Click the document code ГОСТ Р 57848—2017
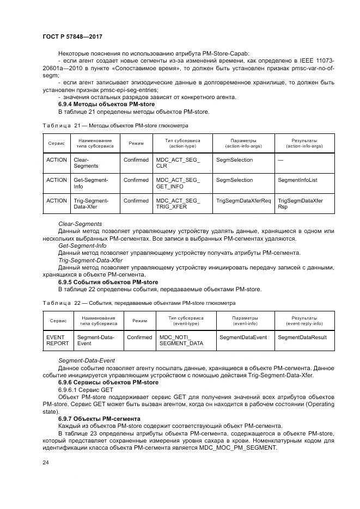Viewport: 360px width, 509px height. (x=72, y=36)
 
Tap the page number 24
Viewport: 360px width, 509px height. (x=46, y=462)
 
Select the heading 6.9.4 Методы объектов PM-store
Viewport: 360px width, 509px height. (x=106, y=104)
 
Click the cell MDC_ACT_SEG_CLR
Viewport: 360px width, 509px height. (x=178, y=163)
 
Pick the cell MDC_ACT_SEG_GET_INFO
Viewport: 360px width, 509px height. (x=178, y=183)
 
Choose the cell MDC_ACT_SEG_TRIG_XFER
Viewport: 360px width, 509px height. (x=178, y=204)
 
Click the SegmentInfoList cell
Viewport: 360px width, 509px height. (x=297, y=180)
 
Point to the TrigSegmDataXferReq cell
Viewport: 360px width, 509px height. (x=243, y=201)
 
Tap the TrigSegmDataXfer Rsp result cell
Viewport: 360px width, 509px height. (x=300, y=204)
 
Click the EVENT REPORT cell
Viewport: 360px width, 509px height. (x=58, y=340)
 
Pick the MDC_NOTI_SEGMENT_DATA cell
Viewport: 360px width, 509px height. (x=181, y=340)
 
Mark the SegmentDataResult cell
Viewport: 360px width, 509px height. (x=302, y=338)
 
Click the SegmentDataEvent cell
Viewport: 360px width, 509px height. (x=243, y=338)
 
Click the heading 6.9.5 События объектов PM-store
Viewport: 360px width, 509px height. (x=108, y=282)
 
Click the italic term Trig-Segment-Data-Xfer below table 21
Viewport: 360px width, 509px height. (x=90, y=260)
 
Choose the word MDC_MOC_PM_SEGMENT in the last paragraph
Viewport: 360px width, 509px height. (x=239, y=447)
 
